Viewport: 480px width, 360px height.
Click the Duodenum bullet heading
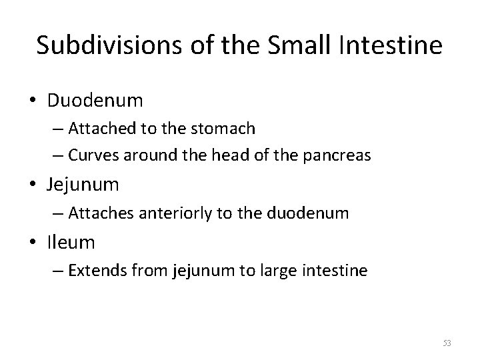[x=95, y=101]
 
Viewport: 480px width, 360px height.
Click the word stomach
[x=223, y=129]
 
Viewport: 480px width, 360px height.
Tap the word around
[x=145, y=156]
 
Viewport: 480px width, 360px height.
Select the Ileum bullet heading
[x=71, y=243]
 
